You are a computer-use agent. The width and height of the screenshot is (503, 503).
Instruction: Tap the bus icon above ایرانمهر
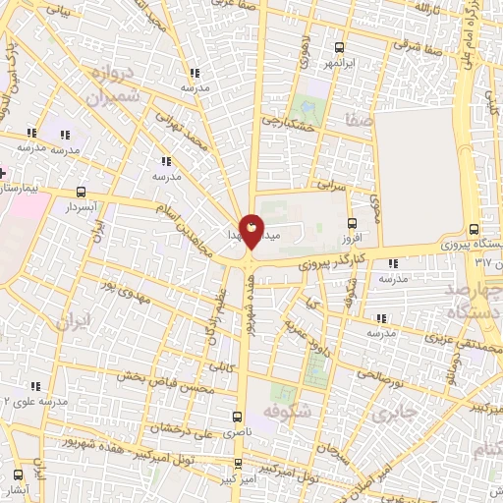[x=340, y=46]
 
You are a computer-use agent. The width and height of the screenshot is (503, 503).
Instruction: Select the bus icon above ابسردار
[x=81, y=193]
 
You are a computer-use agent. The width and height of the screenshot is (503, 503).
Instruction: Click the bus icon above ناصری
[x=237, y=416]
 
